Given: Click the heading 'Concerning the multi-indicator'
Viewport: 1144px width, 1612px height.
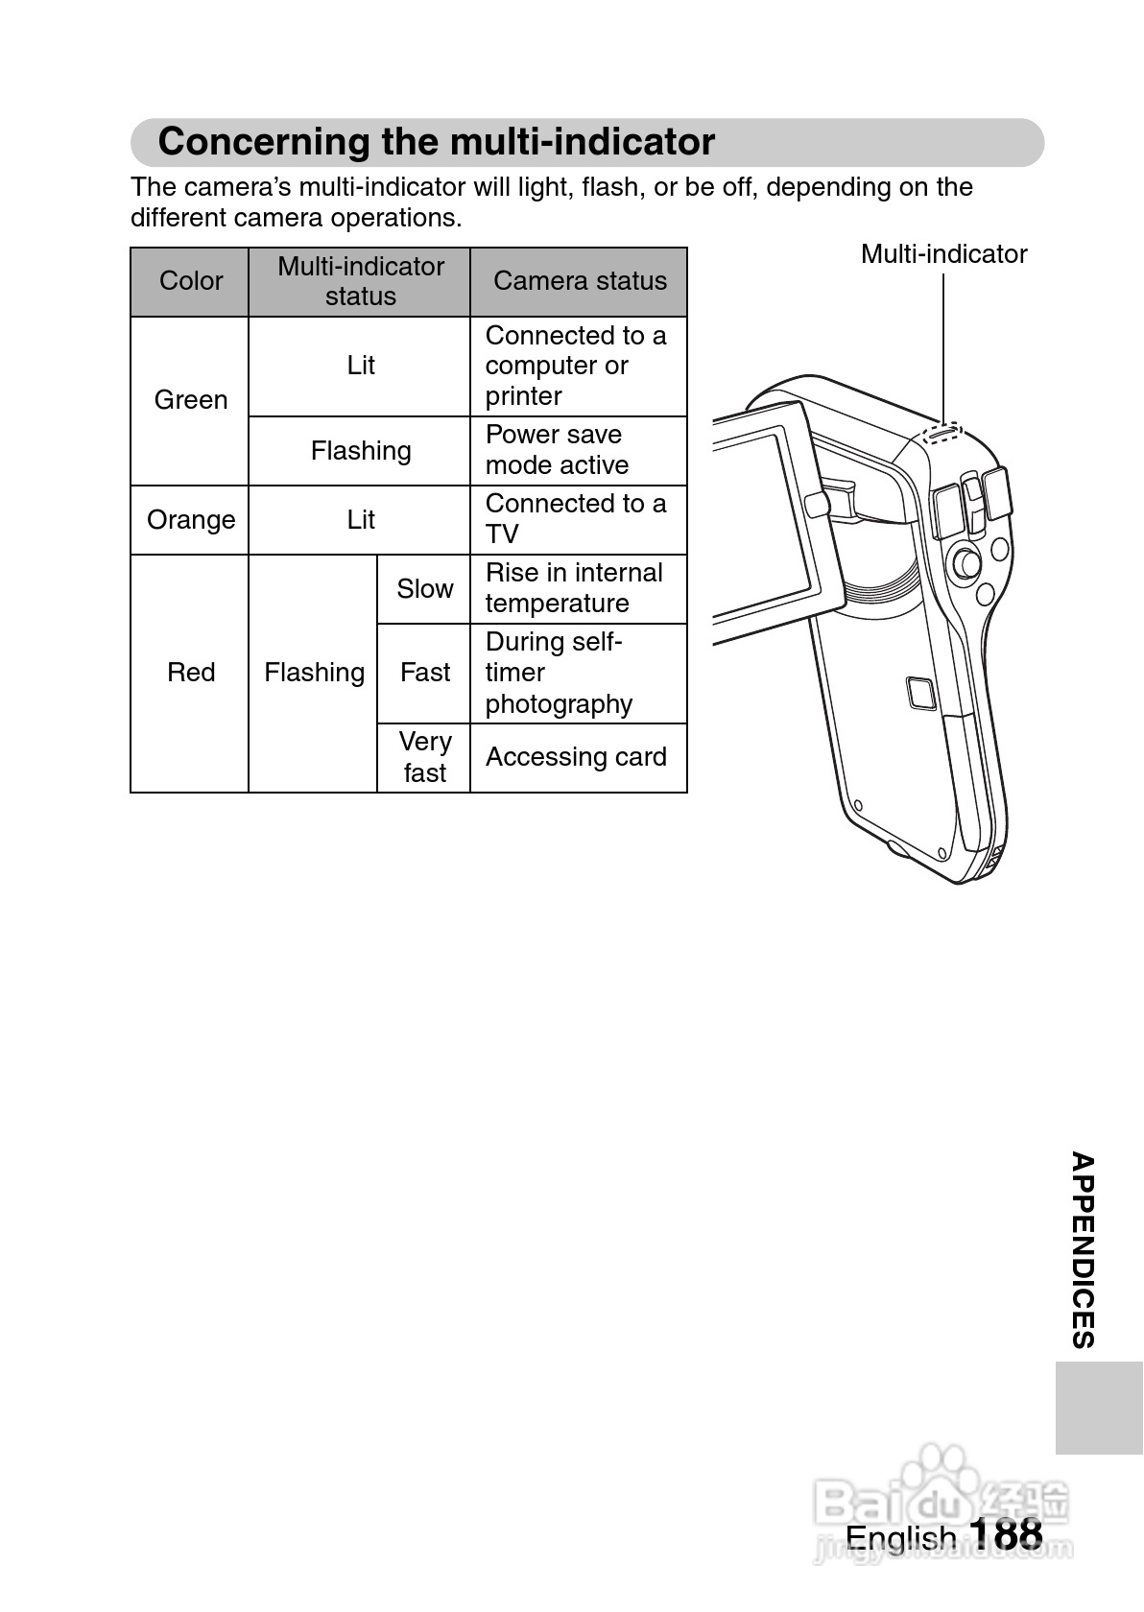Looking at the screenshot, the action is (x=436, y=142).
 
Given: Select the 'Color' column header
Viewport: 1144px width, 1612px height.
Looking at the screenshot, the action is (x=190, y=281).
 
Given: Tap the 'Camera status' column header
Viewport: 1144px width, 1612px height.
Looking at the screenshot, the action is (x=580, y=281).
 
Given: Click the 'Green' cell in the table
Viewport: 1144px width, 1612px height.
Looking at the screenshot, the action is (x=190, y=400).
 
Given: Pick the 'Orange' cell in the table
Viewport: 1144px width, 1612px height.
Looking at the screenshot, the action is (x=190, y=520).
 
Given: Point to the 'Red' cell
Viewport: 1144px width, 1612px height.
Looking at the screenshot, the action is (x=190, y=673).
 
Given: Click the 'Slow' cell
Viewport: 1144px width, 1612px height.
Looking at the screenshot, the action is (x=424, y=589).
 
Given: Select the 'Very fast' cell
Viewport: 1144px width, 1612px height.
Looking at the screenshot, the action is (x=424, y=757).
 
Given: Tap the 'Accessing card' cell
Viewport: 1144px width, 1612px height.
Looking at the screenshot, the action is (x=576, y=757).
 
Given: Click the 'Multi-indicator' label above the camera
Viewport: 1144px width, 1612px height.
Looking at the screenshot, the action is (x=943, y=254).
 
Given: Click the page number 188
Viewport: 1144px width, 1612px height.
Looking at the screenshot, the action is (x=1005, y=1534).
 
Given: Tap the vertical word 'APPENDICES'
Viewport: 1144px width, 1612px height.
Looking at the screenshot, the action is (x=1083, y=1250).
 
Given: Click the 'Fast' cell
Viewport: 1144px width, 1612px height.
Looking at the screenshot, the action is (x=424, y=673).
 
